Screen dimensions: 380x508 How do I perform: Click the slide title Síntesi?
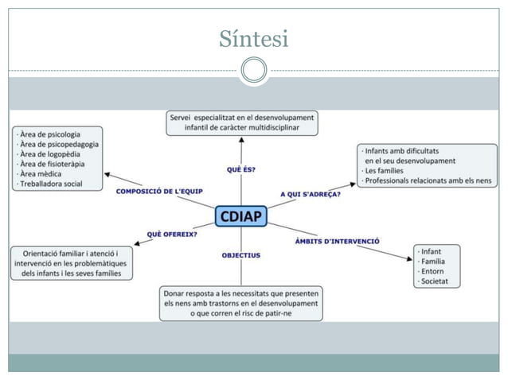(x=253, y=38)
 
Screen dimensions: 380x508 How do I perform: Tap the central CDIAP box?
(x=240, y=216)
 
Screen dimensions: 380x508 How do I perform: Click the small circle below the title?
(x=253, y=70)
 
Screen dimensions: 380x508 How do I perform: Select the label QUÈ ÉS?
(x=240, y=169)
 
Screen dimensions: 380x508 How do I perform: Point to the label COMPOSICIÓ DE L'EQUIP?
(x=159, y=192)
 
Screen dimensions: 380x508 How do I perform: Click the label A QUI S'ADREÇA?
(x=311, y=193)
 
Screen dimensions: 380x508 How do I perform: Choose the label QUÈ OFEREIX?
(x=172, y=234)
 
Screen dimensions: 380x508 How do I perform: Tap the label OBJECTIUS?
(x=240, y=255)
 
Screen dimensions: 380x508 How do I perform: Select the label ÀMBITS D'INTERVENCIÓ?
(x=337, y=240)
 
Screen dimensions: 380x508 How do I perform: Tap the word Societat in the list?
(x=436, y=281)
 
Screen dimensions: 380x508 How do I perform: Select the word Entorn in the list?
(x=435, y=271)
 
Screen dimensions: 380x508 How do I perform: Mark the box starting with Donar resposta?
(x=240, y=304)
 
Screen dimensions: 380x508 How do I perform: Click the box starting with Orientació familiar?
(x=72, y=263)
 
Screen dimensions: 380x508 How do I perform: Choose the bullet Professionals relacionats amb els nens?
(x=428, y=181)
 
